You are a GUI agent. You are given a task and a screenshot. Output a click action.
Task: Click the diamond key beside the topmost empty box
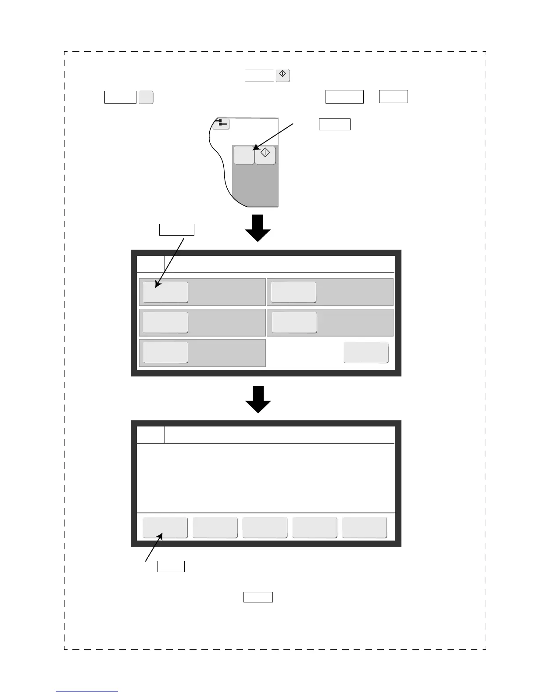click(283, 75)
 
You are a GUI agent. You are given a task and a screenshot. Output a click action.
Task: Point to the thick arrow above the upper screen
click(258, 228)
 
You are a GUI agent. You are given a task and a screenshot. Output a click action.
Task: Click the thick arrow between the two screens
click(258, 399)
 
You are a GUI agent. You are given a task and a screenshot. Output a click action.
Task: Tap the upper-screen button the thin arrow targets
click(165, 292)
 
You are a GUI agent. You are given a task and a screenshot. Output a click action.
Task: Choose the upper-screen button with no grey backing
click(366, 352)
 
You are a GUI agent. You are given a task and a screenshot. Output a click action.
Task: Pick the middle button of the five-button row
click(265, 527)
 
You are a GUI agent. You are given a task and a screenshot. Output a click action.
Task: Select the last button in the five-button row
click(364, 527)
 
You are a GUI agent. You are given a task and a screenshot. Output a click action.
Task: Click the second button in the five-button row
click(215, 527)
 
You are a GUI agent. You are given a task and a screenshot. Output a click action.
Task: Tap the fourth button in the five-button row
click(315, 527)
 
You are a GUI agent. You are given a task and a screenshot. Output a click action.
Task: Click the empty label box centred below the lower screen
click(258, 597)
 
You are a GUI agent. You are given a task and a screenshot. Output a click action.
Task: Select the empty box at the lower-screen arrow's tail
click(171, 566)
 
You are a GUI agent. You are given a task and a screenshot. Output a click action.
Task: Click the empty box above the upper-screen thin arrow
click(176, 229)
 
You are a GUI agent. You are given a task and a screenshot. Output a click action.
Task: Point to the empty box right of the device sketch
click(334, 124)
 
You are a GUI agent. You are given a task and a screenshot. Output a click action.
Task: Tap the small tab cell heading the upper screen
click(151, 264)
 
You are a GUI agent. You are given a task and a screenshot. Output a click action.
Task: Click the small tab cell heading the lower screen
click(151, 435)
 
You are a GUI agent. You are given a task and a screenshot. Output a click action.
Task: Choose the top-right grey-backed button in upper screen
click(293, 292)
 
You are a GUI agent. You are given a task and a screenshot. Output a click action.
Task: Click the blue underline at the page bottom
click(87, 691)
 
